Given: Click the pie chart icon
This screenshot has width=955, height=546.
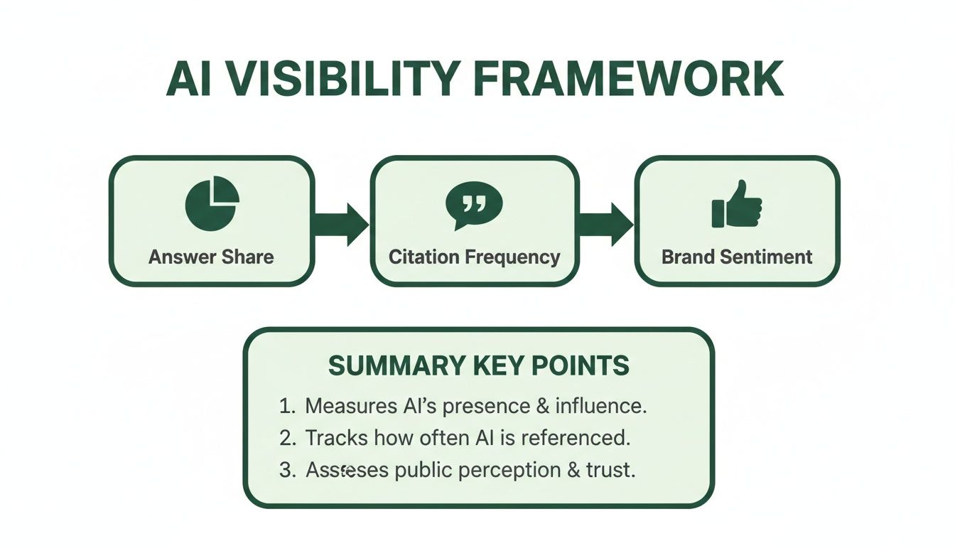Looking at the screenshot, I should pos(212,203).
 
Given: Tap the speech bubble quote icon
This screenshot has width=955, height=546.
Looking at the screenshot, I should pos(473,204).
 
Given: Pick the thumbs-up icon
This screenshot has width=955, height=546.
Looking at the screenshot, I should pos(737,205).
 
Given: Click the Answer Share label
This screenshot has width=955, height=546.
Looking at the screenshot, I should pos(211,257).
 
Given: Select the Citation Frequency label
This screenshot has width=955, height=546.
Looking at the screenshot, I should pos(474,257).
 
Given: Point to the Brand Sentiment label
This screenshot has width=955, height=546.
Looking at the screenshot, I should pos(737,257).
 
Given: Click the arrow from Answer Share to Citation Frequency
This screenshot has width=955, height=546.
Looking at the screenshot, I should pos(341,224).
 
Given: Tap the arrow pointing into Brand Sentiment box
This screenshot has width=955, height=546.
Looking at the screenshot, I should pos(605,224).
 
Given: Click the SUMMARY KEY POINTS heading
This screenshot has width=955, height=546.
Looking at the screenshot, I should pos(478,365).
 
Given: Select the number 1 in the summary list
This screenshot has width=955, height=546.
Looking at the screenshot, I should pos(286,407).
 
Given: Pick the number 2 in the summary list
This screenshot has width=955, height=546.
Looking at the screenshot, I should pos(286,439).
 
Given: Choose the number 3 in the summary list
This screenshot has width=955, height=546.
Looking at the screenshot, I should pos(286,471).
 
